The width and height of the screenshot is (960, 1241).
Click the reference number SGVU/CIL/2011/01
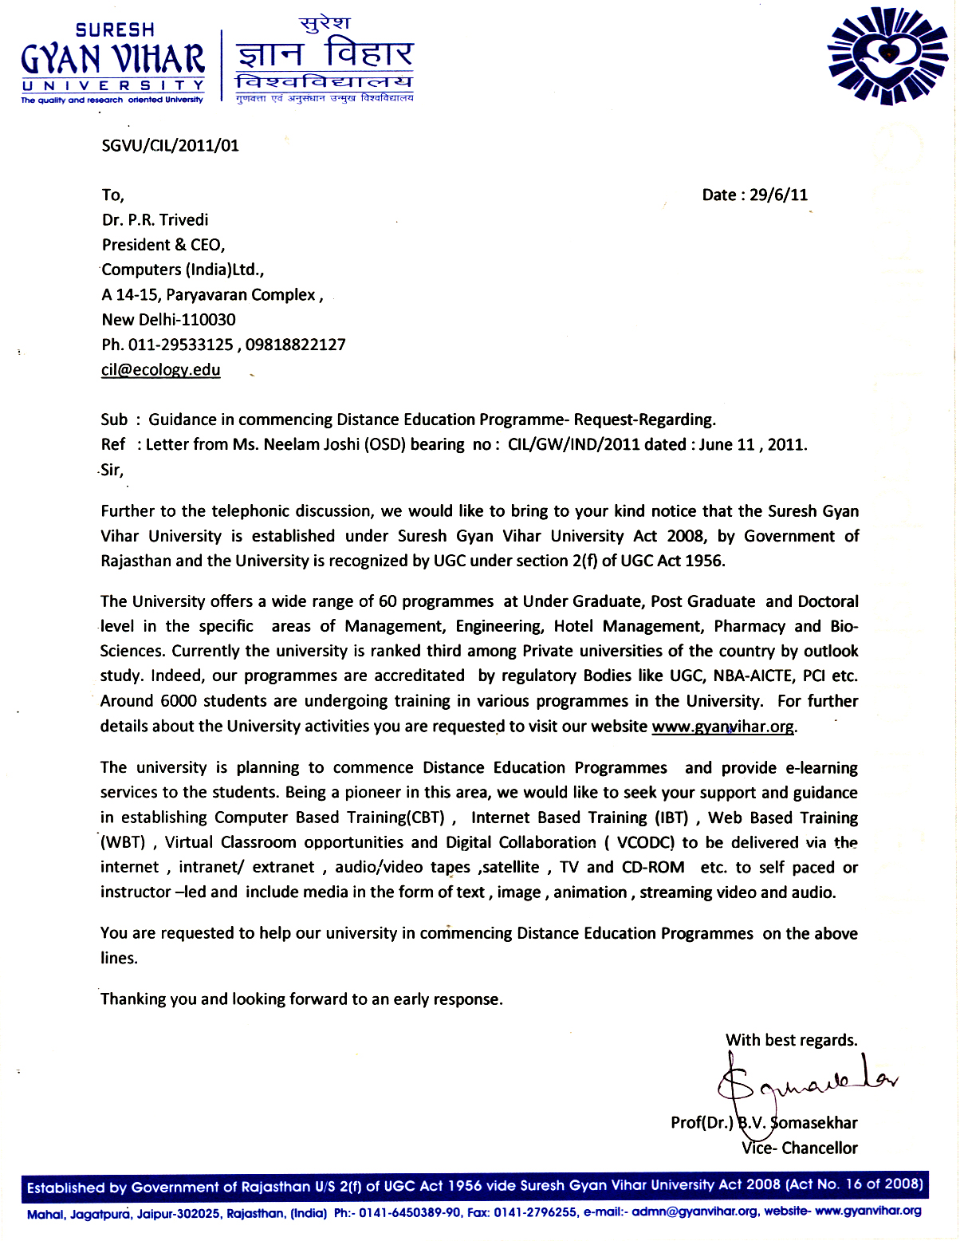click(170, 146)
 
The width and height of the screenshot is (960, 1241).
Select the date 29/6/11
click(778, 195)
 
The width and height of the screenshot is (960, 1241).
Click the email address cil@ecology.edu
click(160, 370)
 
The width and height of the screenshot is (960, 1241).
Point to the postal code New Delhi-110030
click(168, 320)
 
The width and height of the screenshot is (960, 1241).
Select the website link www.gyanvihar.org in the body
click(722, 727)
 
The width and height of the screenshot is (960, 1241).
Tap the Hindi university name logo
click(324, 60)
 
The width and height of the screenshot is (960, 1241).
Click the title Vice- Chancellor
click(799, 1148)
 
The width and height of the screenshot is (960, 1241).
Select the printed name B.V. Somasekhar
click(797, 1123)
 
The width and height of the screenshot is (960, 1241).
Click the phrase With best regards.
click(791, 1040)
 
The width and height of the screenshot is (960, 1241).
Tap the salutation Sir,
click(112, 470)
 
